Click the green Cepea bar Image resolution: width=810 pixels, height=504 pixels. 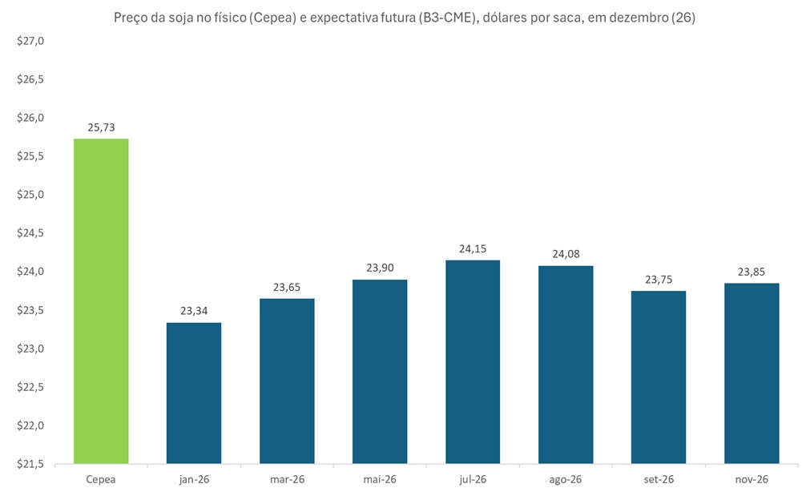pos(101,300)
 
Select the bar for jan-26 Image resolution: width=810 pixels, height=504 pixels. pos(194,393)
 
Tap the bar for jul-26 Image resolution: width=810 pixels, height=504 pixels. pos(473,361)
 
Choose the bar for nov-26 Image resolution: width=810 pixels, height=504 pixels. pos(752,373)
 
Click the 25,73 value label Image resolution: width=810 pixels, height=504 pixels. pos(101,127)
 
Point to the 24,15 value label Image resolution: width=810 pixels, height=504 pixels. pos(473,248)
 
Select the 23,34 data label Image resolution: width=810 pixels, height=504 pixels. pos(194,311)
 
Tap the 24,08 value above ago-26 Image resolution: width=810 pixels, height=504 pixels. pos(566,254)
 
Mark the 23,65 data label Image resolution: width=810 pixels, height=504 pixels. pos(287,287)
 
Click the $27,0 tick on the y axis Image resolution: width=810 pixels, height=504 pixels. pos(31,42)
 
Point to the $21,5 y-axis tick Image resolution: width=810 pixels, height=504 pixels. pos(31,464)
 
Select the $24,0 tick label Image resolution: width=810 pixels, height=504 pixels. pos(31,272)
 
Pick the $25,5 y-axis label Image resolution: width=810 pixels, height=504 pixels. pos(31,157)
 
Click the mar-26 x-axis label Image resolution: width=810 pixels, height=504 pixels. pos(287,479)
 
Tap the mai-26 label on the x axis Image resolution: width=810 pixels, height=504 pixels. pos(380,479)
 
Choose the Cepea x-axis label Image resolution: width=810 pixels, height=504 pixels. pos(101,479)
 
